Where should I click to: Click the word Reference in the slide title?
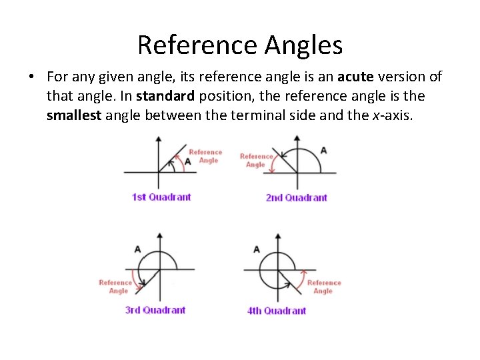[197, 45]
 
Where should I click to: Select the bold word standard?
[165, 96]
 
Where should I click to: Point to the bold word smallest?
[74, 115]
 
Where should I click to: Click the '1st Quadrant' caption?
[161, 197]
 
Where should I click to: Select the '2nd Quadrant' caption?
[296, 197]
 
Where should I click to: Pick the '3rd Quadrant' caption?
[155, 310]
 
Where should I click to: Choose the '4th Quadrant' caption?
[277, 311]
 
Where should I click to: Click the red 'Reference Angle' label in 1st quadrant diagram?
[205, 156]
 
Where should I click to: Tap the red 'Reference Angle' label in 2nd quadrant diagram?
[256, 160]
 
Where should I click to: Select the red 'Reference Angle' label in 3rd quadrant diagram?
[115, 287]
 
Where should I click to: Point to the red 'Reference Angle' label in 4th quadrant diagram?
[323, 287]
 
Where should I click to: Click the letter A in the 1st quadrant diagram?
[188, 161]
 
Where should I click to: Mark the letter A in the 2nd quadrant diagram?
[323, 150]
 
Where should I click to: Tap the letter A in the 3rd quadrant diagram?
[137, 249]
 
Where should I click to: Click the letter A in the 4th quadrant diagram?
[257, 249]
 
